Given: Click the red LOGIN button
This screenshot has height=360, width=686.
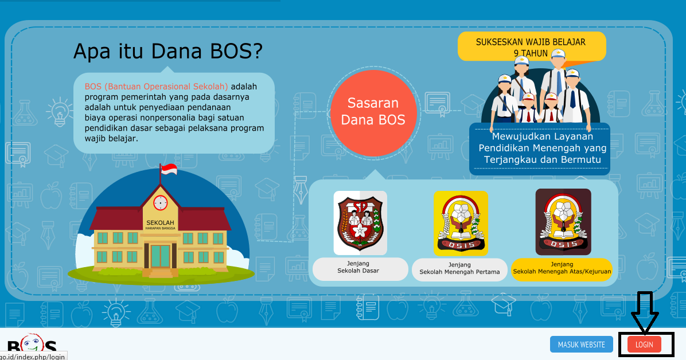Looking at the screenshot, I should pos(644,345).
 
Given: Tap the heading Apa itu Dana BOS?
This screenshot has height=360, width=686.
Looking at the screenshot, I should pos(168,52).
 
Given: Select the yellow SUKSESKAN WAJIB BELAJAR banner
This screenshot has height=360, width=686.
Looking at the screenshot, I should pos(531,46).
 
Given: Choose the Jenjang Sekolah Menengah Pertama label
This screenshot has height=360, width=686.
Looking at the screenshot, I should pos(459,269).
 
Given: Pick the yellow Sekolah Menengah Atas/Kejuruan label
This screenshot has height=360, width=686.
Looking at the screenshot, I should pos(562,268).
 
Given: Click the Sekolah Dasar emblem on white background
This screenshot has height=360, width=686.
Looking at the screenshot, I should pos(360,222).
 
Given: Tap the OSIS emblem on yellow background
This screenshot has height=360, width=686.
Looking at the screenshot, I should pos(461,223).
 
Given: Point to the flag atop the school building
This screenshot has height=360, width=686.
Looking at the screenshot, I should pos(169,170).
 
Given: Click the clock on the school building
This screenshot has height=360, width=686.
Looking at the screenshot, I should pos(161,202).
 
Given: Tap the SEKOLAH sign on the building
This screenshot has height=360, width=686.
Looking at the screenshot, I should pos(161,224).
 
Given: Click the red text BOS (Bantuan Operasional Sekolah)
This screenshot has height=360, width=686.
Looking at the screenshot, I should pos(156,87).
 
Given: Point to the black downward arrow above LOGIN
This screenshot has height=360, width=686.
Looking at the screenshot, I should pos(645,312).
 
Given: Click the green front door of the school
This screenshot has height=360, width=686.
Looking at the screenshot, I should pos(161,257).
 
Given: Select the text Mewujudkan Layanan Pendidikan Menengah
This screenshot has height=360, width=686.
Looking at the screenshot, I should pos(542,142).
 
